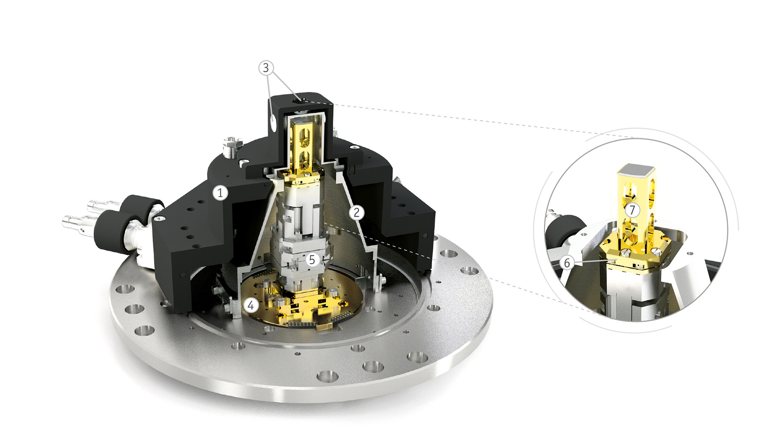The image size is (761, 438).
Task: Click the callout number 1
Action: pyautogui.click(x=220, y=193)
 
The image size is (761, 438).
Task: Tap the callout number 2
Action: pyautogui.click(x=356, y=213)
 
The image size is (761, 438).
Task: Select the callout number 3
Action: pyautogui.click(x=266, y=68)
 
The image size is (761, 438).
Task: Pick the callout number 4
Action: pyautogui.click(x=250, y=305)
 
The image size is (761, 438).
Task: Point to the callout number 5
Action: pyautogui.click(x=312, y=260)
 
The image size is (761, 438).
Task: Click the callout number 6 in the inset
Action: pyautogui.click(x=567, y=263)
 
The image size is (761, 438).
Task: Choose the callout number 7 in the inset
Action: pyautogui.click(x=633, y=210)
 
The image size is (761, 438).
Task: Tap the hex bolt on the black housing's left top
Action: pyautogui.click(x=231, y=147)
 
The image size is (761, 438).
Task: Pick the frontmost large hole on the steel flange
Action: pyautogui.click(x=327, y=376)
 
